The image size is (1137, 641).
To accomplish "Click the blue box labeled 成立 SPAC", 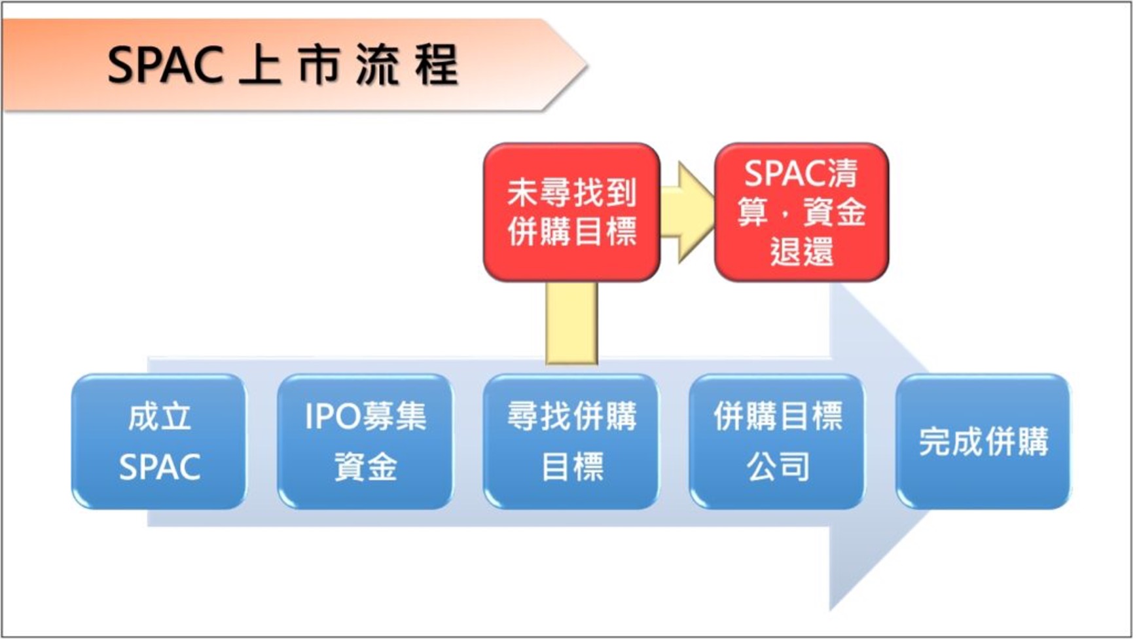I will (159, 441).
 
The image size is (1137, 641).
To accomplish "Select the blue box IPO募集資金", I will (365, 441).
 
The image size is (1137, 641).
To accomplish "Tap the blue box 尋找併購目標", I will (571, 441).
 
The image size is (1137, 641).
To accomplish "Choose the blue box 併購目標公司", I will (777, 441).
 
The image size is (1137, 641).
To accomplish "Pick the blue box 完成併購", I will (983, 441).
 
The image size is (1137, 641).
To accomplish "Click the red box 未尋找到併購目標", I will (571, 212).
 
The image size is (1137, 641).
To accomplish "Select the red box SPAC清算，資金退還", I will (801, 212).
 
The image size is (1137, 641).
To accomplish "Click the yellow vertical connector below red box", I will (571, 322).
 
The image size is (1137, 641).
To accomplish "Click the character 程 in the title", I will (436, 66).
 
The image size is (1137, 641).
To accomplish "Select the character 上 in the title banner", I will (260, 66).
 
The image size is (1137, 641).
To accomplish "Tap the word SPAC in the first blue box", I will (159, 467).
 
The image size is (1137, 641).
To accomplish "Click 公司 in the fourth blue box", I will (778, 467).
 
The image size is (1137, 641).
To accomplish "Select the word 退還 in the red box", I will (801, 251).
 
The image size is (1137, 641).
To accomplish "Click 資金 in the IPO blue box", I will (365, 467).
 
